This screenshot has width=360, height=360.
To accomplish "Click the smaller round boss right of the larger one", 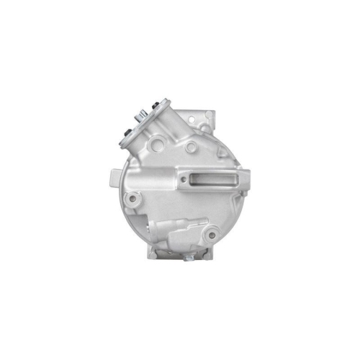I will point(191,148).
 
